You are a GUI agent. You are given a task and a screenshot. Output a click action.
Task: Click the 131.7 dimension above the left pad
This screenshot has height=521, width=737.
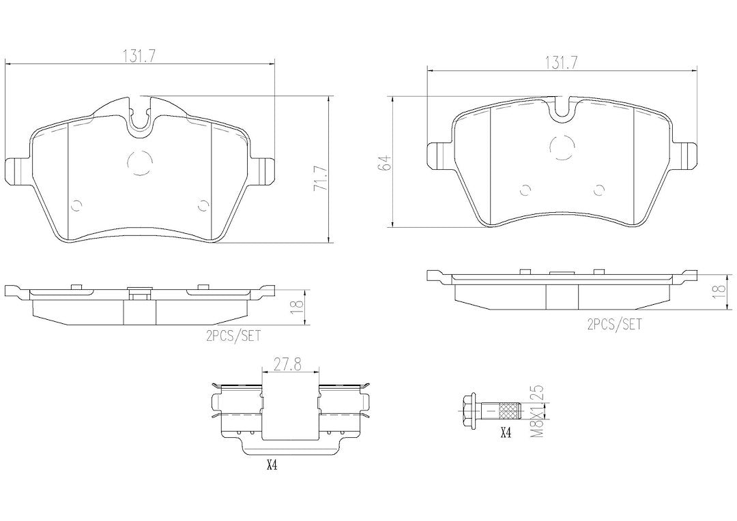[x=140, y=56]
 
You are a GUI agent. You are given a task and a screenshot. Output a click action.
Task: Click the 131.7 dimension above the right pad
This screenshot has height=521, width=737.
[x=561, y=62]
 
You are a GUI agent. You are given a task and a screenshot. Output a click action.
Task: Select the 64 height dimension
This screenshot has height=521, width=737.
[x=386, y=162]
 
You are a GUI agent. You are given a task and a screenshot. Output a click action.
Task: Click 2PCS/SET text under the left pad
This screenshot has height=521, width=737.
[x=233, y=336]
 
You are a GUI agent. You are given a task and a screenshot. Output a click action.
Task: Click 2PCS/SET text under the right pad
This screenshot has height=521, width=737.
[x=614, y=324]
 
